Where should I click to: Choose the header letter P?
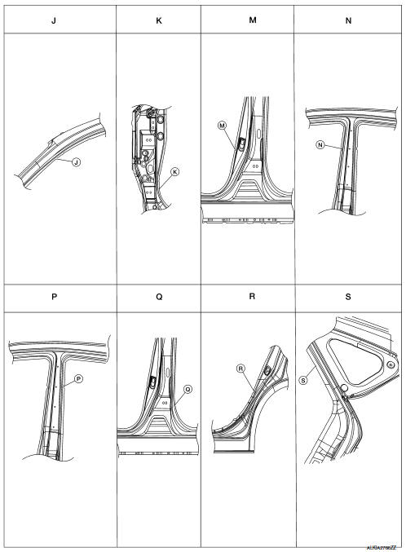(x=53, y=298)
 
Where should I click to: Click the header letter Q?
(x=158, y=298)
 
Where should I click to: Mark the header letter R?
(x=252, y=297)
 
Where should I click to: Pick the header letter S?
(x=348, y=298)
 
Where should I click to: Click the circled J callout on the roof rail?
(x=75, y=162)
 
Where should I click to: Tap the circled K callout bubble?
(x=174, y=172)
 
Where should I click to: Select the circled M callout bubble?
(x=221, y=125)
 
